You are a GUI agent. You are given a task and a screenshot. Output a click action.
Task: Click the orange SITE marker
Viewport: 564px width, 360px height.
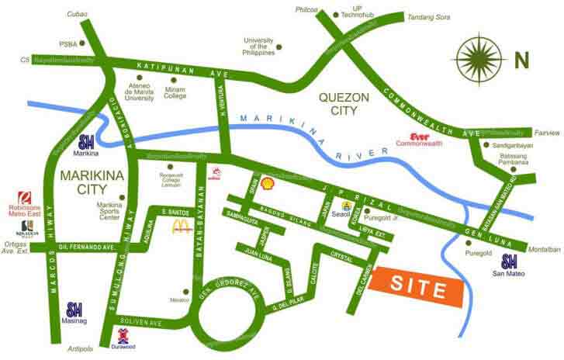417,289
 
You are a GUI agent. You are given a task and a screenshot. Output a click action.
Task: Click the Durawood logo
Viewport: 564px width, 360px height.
123,339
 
